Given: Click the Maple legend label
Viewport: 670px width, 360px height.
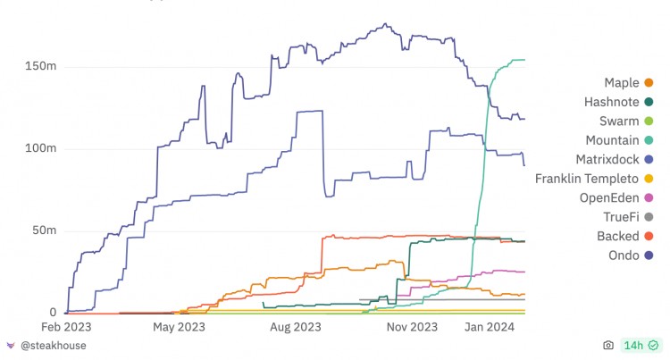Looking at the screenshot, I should pos(621,83).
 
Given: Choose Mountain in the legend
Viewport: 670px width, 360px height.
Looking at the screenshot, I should pos(612,140).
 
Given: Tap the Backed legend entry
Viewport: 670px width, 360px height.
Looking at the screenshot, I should pos(617,236).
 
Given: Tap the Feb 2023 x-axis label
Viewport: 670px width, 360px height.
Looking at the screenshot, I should pos(64,327).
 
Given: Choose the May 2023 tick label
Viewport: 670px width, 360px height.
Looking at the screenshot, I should pos(179,327).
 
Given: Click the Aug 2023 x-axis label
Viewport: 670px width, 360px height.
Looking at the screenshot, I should pos(296,327).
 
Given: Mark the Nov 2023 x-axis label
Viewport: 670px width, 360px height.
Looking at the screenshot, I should pos(412,327).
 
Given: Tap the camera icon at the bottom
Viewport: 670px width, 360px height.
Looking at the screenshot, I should pos(608,345).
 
